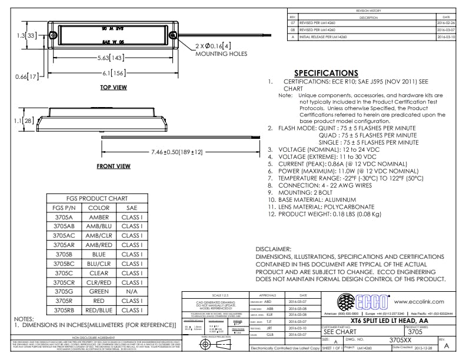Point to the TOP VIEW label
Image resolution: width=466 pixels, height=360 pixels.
coord(114,88)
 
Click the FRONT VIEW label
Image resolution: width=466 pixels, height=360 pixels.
coord(114,166)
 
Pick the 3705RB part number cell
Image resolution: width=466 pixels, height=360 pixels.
coord(64,309)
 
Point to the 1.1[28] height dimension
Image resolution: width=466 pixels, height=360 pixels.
coord(13,121)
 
